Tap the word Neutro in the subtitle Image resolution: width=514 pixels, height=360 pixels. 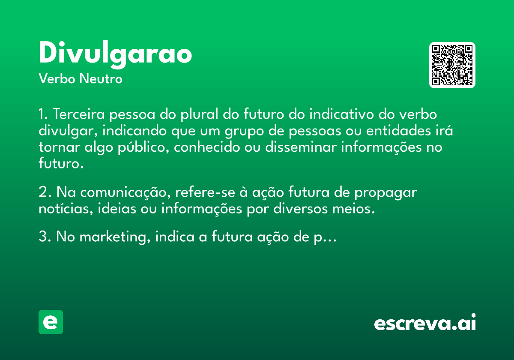tap(101, 79)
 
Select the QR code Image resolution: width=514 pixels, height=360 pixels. tap(452, 65)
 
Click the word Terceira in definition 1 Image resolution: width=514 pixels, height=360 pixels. tap(79, 114)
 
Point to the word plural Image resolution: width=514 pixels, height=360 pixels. tap(200, 114)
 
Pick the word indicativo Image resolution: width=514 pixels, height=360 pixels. tap(341, 114)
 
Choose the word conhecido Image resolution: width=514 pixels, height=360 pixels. tap(207, 147)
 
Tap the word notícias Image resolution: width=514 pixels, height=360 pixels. tap(66, 208)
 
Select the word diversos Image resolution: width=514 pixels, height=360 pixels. tap(301, 208)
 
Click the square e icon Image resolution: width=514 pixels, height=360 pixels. tap(51, 322)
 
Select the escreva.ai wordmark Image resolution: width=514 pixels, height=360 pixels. tap(425, 322)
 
